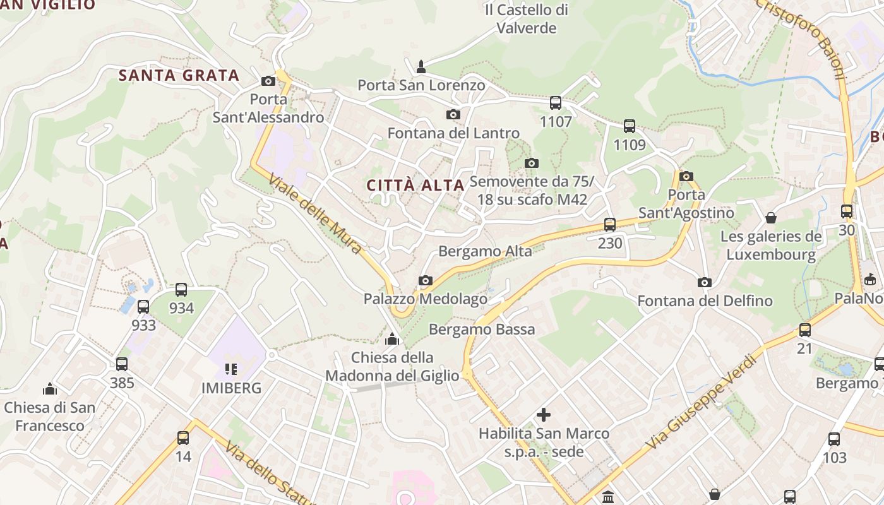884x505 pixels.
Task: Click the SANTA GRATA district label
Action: click(179, 76)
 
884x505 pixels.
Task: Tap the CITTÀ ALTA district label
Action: click(415, 186)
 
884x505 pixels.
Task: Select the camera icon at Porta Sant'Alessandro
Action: click(268, 81)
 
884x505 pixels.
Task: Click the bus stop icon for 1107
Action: click(556, 103)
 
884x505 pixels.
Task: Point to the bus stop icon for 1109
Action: click(630, 126)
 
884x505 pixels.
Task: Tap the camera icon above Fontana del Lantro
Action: click(453, 115)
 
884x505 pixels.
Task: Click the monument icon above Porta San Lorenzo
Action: click(421, 66)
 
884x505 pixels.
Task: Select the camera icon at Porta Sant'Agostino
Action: click(686, 177)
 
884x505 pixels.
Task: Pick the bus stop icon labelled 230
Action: click(610, 225)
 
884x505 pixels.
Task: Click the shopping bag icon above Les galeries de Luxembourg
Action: click(771, 218)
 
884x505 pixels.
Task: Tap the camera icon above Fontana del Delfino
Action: click(705, 283)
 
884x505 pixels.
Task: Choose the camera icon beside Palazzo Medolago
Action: click(426, 281)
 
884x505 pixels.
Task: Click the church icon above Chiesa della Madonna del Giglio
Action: click(392, 340)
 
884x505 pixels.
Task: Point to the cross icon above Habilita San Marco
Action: click(543, 415)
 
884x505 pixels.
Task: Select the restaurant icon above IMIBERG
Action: click(231, 369)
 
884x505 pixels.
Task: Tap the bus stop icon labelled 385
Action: click(122, 364)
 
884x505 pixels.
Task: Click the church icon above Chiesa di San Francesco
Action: click(49, 389)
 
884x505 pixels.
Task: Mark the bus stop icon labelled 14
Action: click(183, 437)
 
